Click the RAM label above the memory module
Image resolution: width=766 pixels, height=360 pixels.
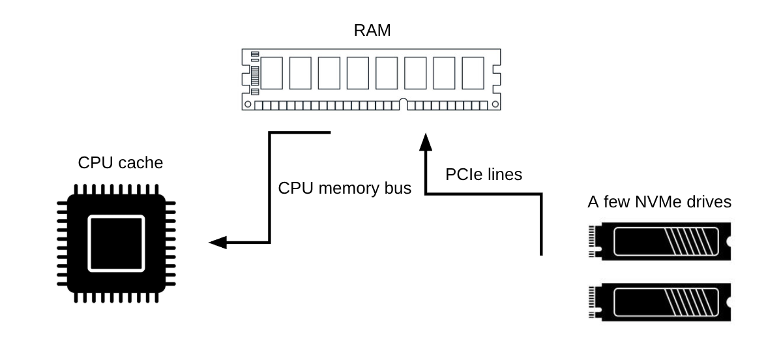point(372,31)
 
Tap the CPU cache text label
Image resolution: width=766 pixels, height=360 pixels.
point(120,162)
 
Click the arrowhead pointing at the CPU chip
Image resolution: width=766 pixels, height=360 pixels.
point(218,243)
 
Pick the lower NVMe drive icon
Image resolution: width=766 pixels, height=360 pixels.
point(659,303)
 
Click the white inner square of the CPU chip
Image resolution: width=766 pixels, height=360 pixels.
point(115,243)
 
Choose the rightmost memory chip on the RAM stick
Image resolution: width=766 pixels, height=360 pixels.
point(473,72)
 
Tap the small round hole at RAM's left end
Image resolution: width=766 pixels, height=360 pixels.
point(247,104)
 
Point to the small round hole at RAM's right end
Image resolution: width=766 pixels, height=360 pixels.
point(495,104)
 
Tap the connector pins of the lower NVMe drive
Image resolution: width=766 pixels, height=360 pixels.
point(593,303)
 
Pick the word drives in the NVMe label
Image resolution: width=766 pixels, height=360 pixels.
point(706,202)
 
